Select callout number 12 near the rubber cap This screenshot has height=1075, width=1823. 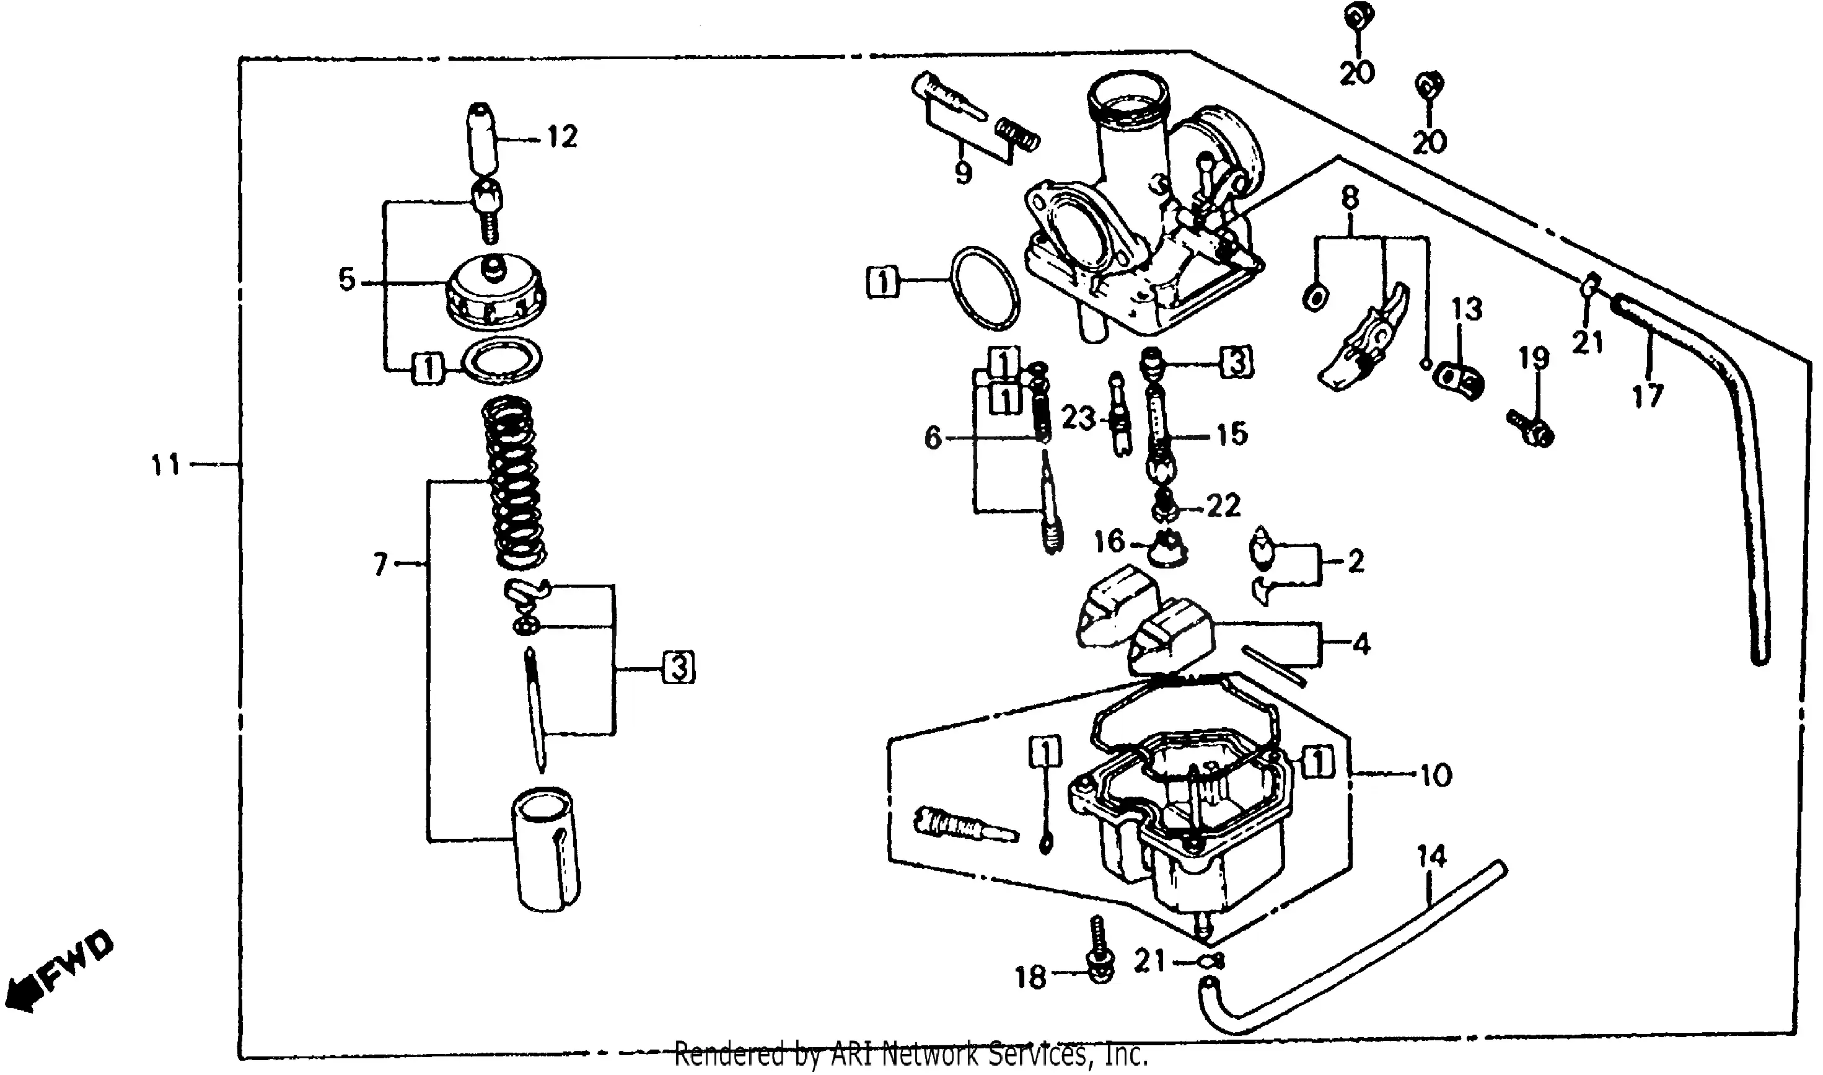563,137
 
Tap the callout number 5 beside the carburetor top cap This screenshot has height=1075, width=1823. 348,280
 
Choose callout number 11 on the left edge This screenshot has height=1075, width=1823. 165,464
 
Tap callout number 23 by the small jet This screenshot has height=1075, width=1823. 1079,418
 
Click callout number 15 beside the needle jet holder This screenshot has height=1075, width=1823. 1232,434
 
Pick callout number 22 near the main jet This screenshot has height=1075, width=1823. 1224,506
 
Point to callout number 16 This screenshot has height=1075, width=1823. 1109,541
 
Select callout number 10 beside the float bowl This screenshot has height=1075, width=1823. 1436,776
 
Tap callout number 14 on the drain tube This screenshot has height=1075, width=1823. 1431,857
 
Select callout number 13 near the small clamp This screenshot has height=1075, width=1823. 1467,309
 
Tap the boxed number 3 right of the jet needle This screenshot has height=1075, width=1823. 679,667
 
